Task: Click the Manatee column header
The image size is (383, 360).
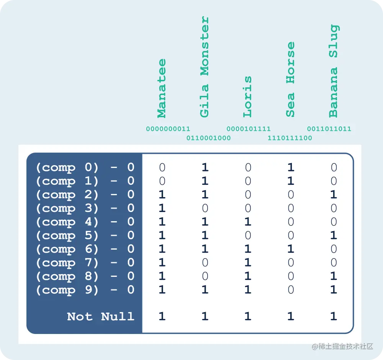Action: point(162,89)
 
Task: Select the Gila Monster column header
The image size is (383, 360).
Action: point(205,67)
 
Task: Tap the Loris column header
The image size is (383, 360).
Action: point(247,97)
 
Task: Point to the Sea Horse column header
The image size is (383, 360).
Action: point(290,79)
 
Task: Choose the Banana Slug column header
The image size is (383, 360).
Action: point(333,71)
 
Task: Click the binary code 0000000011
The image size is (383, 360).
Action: point(168,129)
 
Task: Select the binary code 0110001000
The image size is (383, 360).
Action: point(208,138)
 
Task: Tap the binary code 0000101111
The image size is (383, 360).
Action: point(249,129)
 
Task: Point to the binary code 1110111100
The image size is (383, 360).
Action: point(290,138)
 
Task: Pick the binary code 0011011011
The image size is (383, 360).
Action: point(329,129)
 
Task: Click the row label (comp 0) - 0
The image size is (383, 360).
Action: point(85,168)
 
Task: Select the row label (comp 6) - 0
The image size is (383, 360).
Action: point(85,249)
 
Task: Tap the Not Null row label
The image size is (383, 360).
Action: point(101,316)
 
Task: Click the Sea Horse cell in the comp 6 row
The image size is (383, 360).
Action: point(291,249)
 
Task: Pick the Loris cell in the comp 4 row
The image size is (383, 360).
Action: point(248,222)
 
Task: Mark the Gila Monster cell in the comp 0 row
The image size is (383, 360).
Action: point(205,168)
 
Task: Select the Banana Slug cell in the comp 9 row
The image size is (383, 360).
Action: point(334,290)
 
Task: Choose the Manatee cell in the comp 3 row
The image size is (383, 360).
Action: point(162,208)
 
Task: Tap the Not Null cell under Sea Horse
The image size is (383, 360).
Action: point(291,316)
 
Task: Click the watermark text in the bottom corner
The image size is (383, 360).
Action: point(342,347)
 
